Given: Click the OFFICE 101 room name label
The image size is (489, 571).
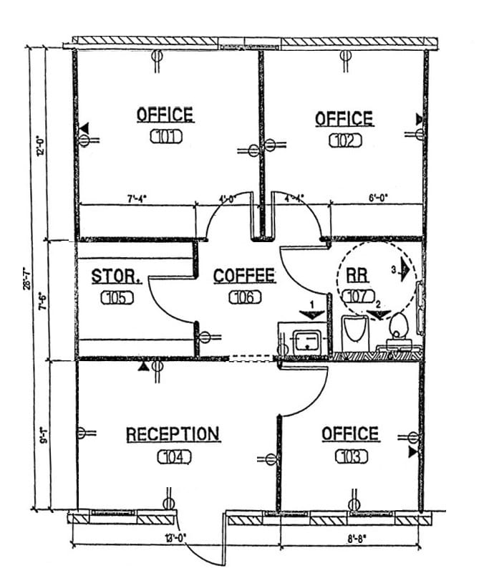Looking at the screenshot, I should click(x=165, y=115).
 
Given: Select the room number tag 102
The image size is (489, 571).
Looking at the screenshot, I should click(x=345, y=140).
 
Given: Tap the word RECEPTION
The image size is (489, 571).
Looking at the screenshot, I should click(x=173, y=434).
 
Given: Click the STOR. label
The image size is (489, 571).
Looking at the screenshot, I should click(x=110, y=276).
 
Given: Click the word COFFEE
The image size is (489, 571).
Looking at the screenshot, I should click(x=244, y=275).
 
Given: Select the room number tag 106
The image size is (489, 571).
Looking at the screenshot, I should click(x=244, y=297).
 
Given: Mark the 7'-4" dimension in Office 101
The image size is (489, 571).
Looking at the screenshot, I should click(x=137, y=200).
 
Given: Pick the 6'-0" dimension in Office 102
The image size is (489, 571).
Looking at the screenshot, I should click(x=377, y=200).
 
